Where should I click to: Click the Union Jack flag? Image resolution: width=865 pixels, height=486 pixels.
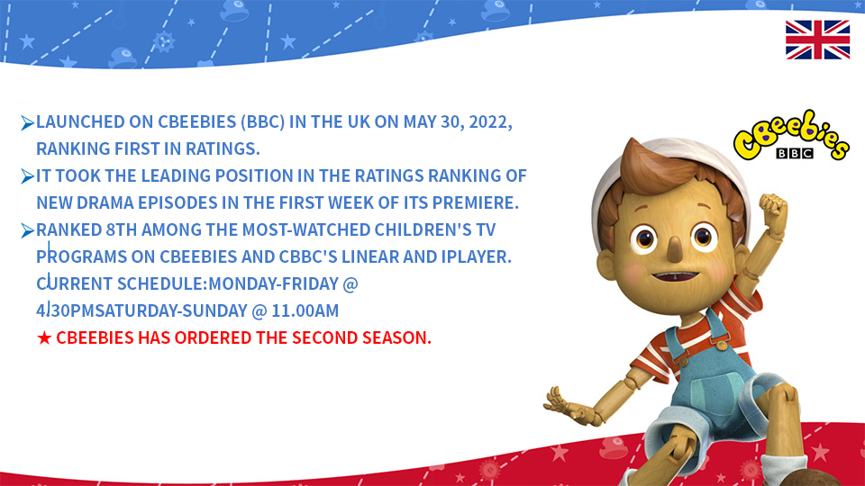[x=817, y=40]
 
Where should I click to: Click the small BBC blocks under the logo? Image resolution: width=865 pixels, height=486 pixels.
[x=795, y=153]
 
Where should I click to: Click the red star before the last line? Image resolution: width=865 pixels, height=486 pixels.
[x=44, y=337]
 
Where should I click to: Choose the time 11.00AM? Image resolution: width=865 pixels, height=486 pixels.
[x=305, y=310]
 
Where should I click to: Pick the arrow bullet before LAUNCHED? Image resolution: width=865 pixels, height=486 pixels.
[x=28, y=123]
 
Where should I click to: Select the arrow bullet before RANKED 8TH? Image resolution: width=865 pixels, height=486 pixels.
[x=28, y=231]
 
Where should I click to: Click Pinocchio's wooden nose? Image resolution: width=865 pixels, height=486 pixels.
[x=675, y=249]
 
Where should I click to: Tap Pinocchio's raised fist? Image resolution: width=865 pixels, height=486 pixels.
[x=773, y=210]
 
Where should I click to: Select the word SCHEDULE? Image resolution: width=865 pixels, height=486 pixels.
[x=160, y=283]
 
